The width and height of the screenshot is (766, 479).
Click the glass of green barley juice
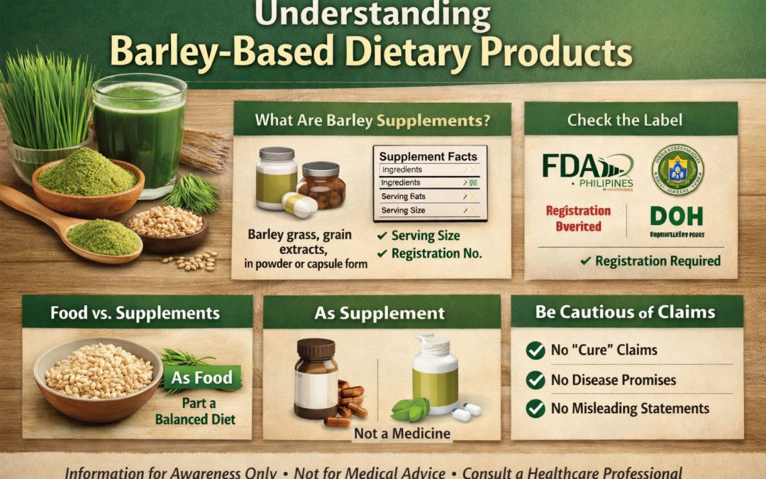point(139,131)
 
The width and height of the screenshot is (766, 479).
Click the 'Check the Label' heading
point(625,120)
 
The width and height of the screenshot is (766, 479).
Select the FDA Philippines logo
point(587,172)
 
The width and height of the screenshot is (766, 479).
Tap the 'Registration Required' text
point(657,261)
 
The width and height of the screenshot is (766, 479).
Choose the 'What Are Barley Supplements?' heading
point(372,120)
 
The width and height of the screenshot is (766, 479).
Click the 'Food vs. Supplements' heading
point(135,313)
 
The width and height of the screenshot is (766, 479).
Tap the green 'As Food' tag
point(202,378)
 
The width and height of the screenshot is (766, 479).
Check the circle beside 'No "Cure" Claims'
point(535,350)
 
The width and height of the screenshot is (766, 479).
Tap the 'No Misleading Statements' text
point(630,408)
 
